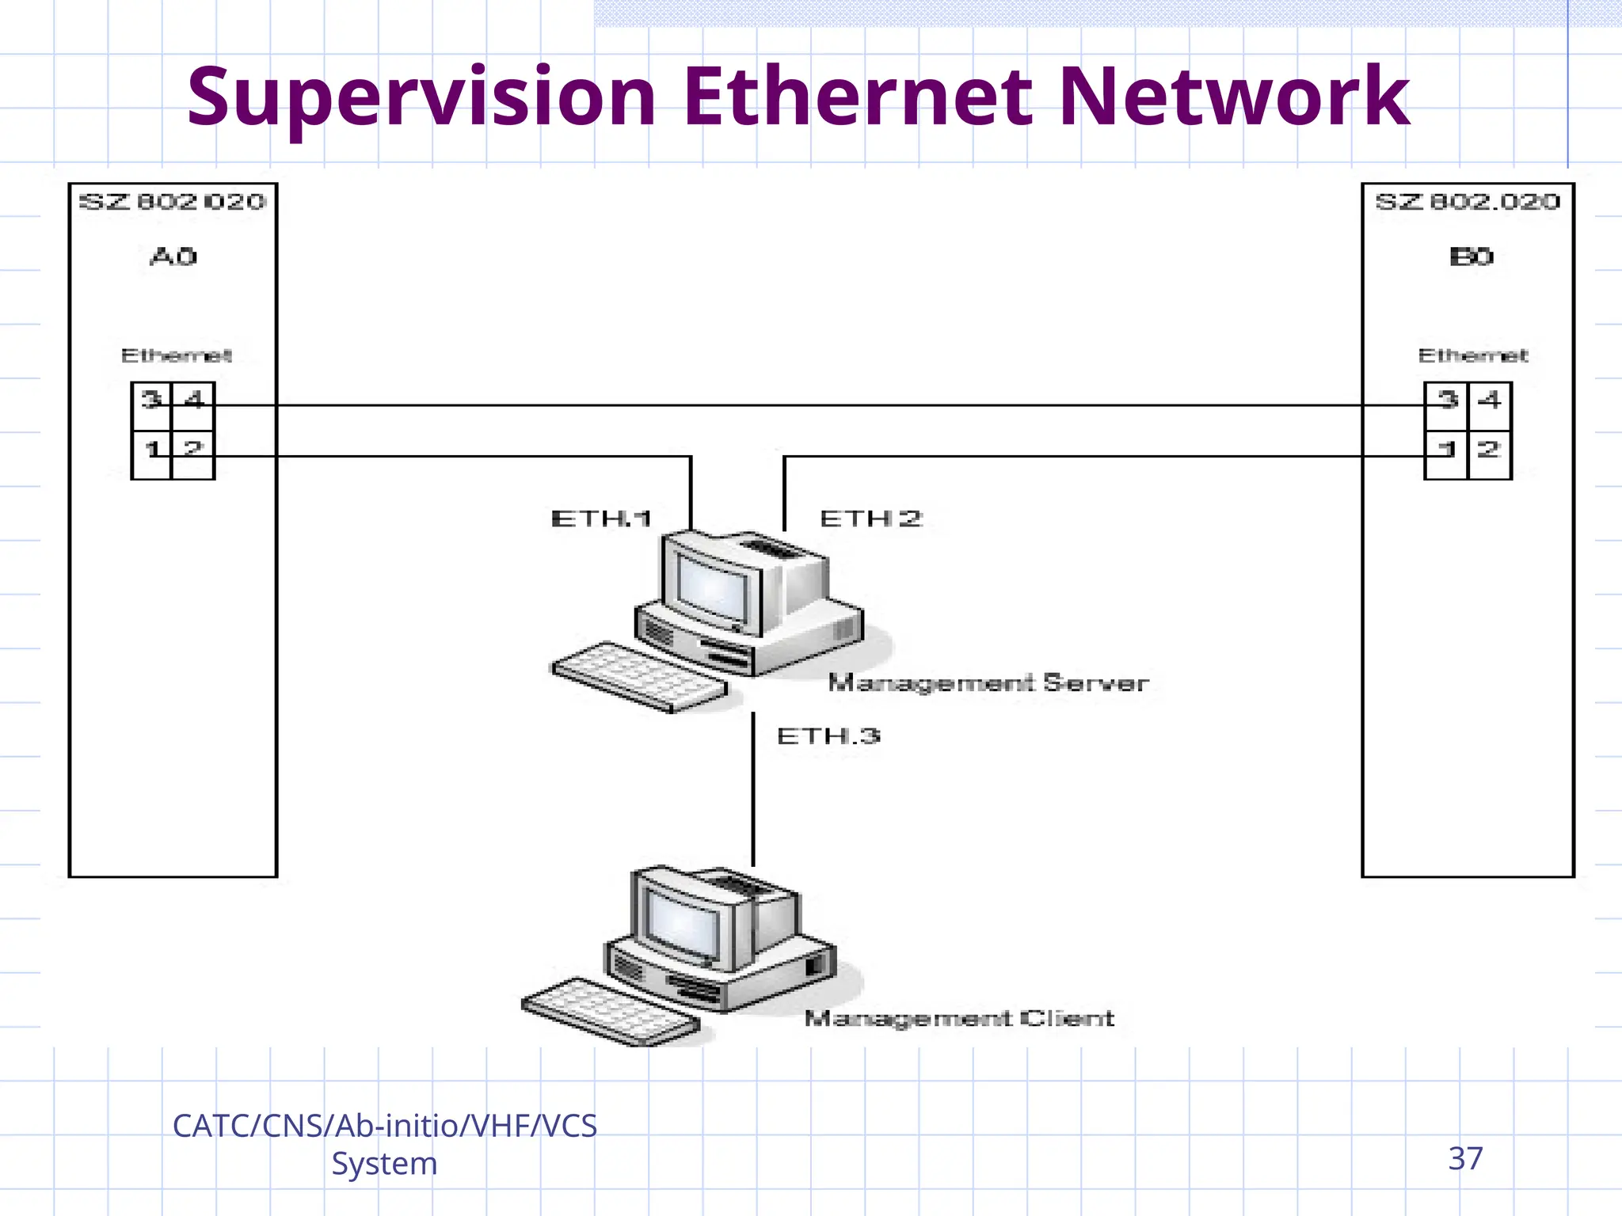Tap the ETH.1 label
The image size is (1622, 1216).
[601, 519]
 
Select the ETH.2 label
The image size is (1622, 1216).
[871, 519]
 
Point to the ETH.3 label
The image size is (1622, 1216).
[828, 736]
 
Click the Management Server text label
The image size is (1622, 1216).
[988, 682]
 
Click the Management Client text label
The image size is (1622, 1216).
[959, 1018]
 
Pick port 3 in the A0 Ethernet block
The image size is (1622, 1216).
[151, 399]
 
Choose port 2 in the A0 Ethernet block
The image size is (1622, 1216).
[193, 449]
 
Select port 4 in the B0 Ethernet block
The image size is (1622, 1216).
[1490, 399]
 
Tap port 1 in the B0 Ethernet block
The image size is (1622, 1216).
[1447, 449]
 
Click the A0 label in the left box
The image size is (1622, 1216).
[173, 256]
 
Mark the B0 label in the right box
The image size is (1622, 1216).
[1472, 256]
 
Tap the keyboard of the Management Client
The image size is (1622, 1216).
[611, 1011]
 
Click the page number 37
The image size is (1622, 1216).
[1465, 1159]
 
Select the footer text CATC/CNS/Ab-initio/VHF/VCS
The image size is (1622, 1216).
[385, 1126]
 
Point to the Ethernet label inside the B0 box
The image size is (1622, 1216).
[1473, 355]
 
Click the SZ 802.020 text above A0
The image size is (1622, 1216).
[173, 202]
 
